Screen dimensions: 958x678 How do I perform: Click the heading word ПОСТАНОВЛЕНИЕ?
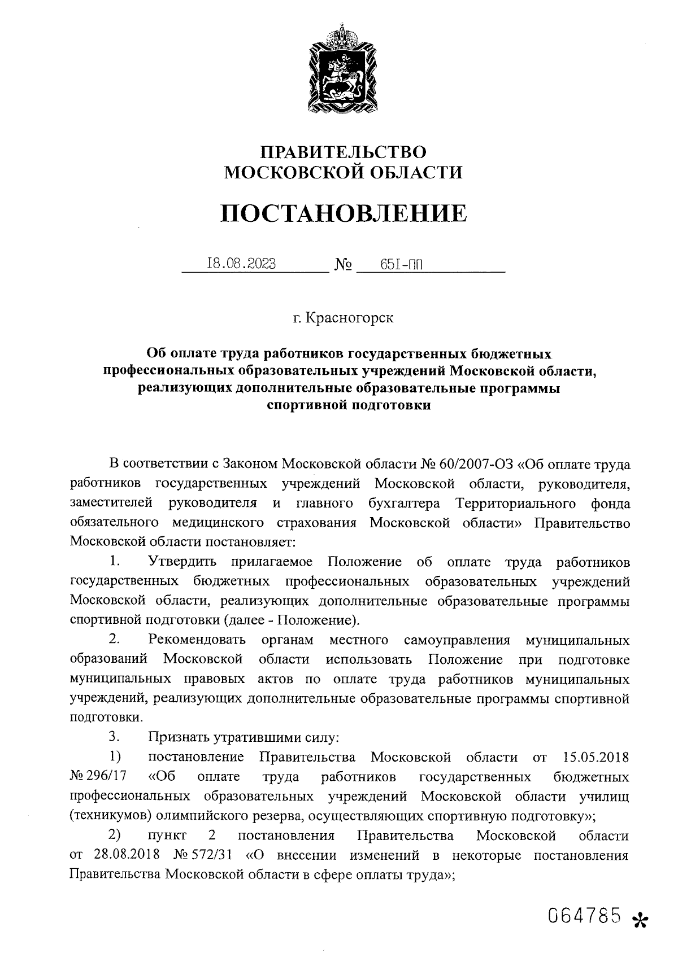(344, 213)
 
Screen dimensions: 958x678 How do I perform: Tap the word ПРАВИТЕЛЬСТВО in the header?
(343, 152)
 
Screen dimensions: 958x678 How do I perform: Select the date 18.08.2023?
(242, 264)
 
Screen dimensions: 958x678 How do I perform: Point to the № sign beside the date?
(344, 264)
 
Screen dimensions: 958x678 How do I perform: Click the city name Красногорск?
(349, 318)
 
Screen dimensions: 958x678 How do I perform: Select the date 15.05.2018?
(596, 756)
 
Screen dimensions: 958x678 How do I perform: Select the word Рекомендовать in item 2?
(197, 640)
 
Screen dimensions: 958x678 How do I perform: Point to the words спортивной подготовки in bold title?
(348, 405)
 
